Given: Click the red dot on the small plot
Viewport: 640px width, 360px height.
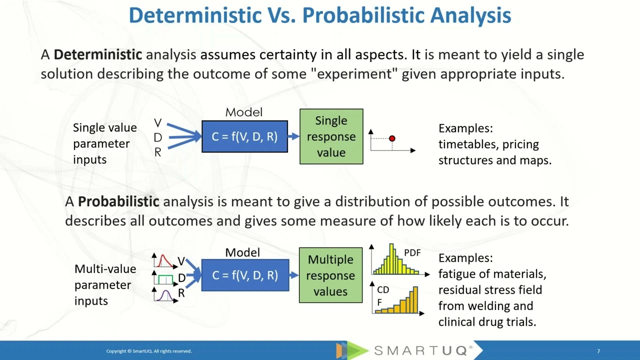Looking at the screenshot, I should (x=392, y=138).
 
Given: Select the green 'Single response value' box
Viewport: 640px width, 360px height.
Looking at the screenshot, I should (x=331, y=136).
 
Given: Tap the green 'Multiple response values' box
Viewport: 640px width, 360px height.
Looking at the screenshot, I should (x=330, y=275).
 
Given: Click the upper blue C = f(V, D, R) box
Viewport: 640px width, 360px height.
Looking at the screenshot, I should (x=244, y=136).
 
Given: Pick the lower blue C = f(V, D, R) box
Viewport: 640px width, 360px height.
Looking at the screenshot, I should (x=245, y=275).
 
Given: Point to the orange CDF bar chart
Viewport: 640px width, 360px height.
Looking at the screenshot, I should (x=398, y=302).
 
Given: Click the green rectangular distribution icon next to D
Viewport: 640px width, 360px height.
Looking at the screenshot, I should (x=165, y=279).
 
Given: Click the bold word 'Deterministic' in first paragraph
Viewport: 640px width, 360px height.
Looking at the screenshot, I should (x=98, y=54).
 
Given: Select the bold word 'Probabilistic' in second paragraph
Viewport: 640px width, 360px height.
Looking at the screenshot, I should (x=118, y=202).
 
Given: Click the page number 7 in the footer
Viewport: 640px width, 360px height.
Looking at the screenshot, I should (x=598, y=351).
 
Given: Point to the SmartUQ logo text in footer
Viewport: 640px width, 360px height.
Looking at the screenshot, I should (x=423, y=350).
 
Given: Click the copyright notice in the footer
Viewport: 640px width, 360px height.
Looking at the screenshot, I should (x=148, y=351).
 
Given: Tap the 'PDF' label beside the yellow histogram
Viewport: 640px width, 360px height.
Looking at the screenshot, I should (x=412, y=253).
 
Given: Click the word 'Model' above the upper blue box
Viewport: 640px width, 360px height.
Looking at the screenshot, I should (x=243, y=112).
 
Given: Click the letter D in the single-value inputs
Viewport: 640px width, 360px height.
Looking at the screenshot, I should (x=158, y=137).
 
